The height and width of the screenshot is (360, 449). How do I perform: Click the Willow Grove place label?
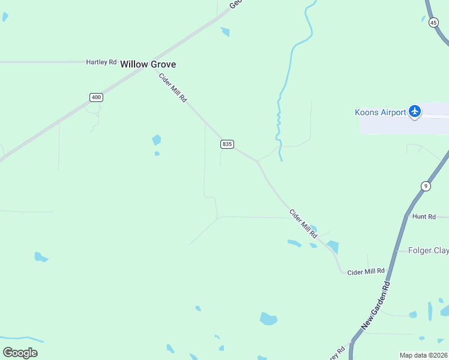click(148, 64)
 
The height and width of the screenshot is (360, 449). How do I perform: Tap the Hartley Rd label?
click(101, 62)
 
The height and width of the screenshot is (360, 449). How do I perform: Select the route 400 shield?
click(96, 97)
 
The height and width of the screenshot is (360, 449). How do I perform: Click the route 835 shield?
click(227, 144)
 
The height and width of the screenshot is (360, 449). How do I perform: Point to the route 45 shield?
click(433, 22)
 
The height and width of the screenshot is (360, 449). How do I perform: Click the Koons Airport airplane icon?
click(414, 112)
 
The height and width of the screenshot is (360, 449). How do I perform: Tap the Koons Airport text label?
click(379, 112)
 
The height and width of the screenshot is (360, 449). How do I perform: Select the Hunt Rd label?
click(424, 216)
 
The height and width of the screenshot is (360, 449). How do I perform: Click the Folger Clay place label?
click(428, 250)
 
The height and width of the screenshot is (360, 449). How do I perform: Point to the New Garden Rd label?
click(376, 305)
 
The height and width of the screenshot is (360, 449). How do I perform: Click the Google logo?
click(20, 352)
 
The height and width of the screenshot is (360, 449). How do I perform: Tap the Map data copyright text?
click(423, 355)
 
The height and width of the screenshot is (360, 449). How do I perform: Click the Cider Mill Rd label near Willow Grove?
click(173, 87)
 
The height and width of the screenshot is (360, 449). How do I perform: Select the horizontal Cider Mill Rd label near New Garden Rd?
click(366, 272)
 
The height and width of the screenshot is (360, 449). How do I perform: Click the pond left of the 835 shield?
click(157, 140)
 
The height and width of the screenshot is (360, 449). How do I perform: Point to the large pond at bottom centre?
click(268, 319)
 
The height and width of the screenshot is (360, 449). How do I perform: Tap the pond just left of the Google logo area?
click(40, 257)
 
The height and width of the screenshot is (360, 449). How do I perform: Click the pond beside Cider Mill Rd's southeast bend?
click(333, 247)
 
